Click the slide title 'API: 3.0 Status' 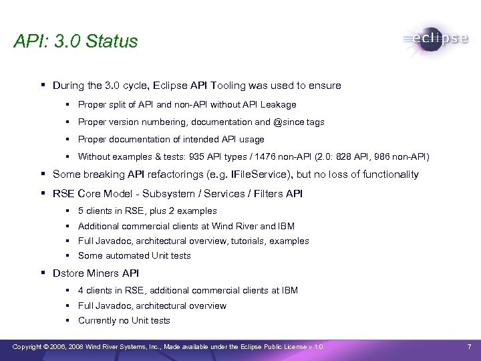75,41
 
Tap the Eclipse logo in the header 436,39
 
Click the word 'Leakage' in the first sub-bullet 280,104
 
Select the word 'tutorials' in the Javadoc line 248,241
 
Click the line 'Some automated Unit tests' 134,255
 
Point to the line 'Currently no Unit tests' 124,320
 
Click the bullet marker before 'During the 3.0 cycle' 43,86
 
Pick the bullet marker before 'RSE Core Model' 43,194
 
